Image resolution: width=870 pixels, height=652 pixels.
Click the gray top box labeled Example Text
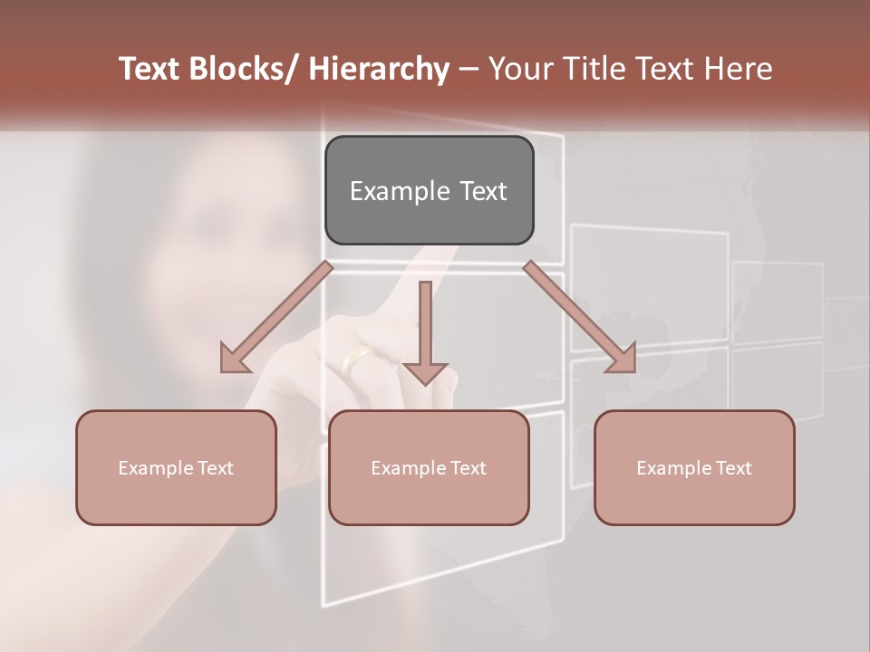(429, 190)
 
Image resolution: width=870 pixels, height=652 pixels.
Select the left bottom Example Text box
(176, 467)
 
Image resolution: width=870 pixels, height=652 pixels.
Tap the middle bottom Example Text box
(428, 467)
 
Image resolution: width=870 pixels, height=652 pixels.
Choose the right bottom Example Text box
(694, 467)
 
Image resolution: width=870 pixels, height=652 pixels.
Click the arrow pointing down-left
(276, 318)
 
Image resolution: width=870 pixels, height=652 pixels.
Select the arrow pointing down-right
(580, 318)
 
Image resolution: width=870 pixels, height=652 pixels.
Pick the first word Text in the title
(150, 69)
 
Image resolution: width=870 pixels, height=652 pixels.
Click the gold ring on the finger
(355, 361)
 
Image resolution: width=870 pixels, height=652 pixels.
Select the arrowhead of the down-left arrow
(234, 359)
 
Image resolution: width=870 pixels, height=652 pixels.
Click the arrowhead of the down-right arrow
(623, 359)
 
